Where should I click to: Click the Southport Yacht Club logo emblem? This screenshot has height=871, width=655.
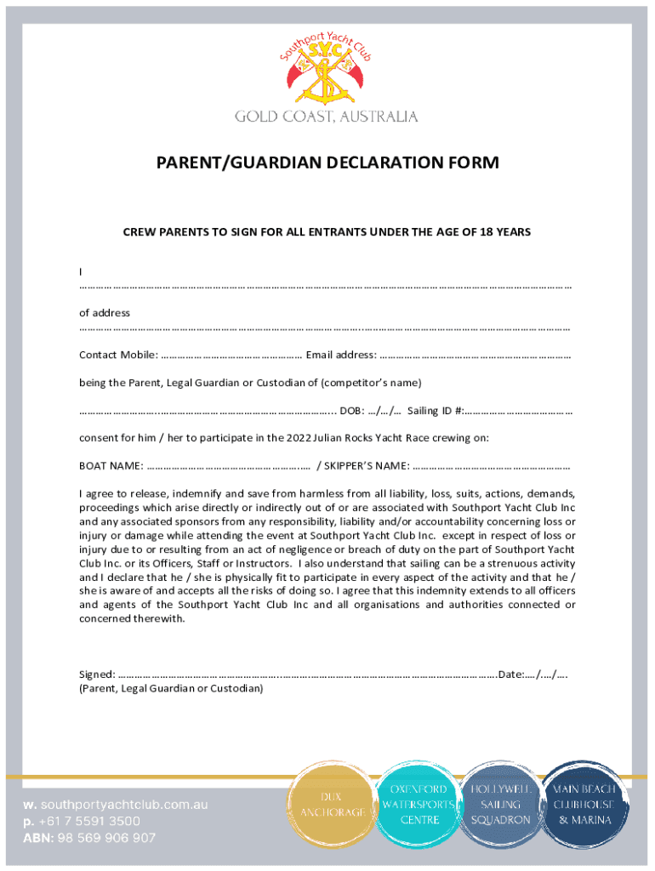pos(327,71)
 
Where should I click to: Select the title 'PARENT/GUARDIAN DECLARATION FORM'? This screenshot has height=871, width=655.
pos(327,162)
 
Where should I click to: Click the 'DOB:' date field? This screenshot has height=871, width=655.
pos(371,410)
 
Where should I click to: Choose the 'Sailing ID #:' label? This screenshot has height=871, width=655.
pos(435,410)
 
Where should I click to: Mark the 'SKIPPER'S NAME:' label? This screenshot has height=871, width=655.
pos(363,465)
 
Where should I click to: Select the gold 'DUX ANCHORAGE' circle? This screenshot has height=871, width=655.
pos(333,805)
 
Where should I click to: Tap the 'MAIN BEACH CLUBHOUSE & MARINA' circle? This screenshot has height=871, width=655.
pos(586,805)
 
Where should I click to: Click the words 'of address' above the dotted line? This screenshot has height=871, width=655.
pos(105,313)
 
